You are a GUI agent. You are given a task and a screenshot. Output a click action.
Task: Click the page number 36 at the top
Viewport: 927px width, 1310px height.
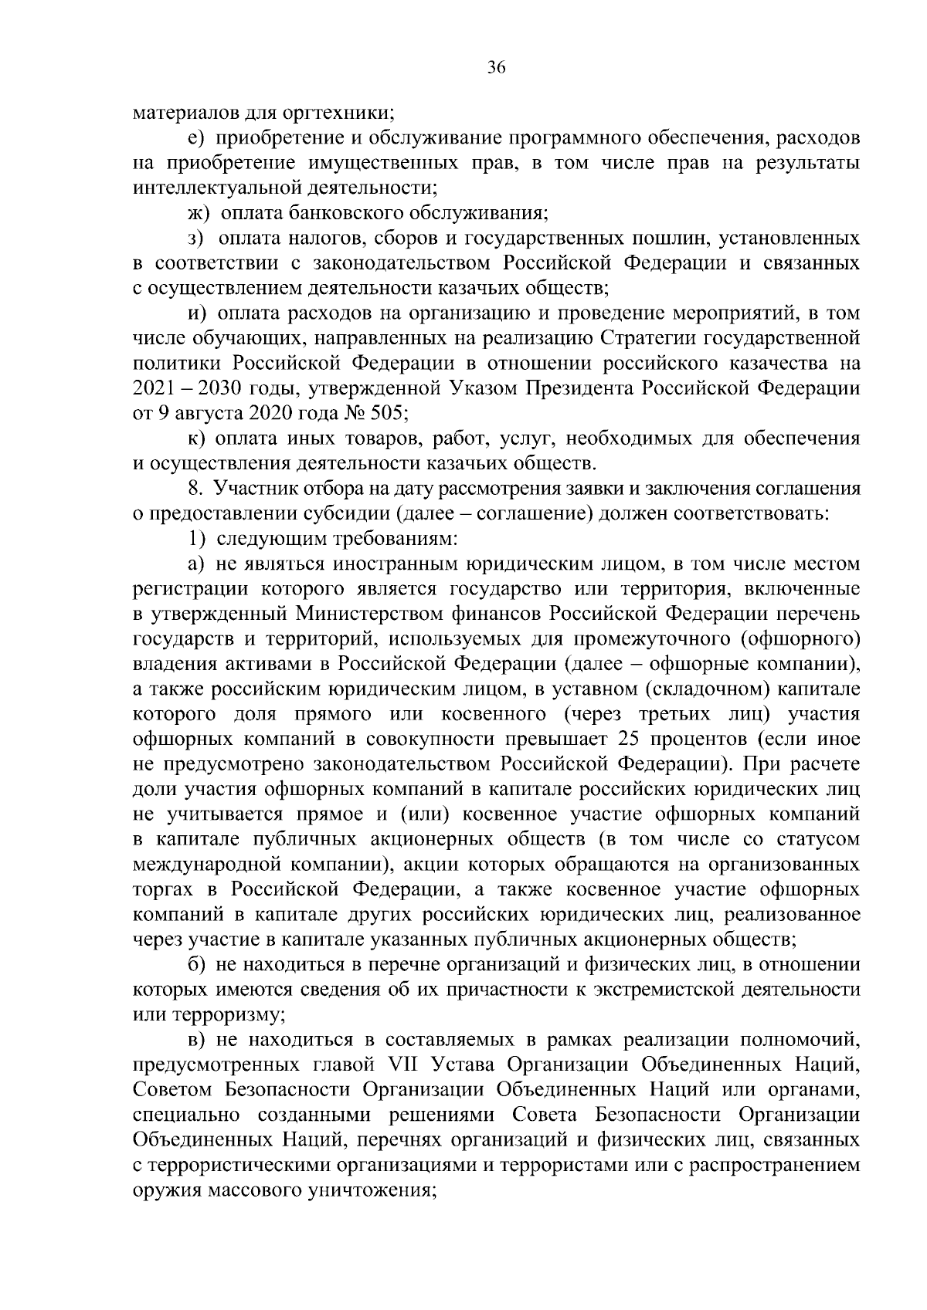(496, 68)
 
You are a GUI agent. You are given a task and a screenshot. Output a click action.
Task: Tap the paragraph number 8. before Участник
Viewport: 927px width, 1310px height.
(195, 488)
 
